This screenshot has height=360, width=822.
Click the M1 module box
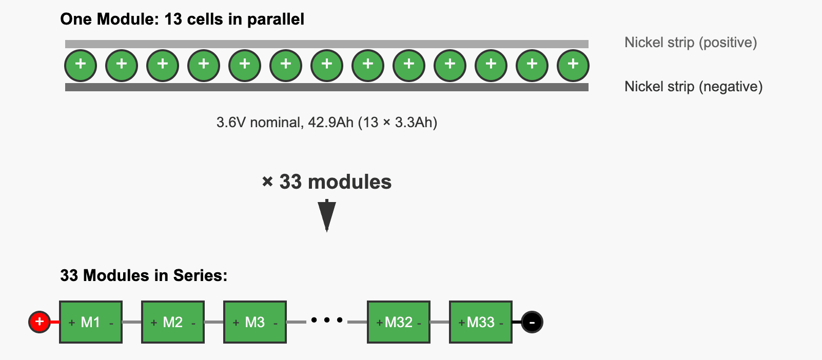(91, 322)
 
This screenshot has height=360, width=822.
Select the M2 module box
(173, 322)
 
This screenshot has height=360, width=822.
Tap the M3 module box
(255, 322)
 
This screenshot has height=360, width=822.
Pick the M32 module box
(399, 322)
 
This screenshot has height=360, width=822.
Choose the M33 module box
(481, 322)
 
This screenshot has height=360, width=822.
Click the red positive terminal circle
(40, 322)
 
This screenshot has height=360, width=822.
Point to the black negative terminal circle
(532, 322)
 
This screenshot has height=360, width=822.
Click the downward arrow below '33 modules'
(327, 215)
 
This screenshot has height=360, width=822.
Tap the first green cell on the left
(81, 66)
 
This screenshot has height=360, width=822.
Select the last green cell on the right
(573, 66)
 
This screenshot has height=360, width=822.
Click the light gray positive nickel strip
(327, 44)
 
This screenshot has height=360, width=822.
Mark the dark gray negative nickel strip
(327, 87)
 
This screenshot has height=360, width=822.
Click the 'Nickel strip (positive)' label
(691, 43)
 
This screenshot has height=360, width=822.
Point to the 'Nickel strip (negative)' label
(693, 87)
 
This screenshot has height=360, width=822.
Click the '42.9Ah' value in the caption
(330, 123)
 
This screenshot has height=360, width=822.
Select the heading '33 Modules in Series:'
(144, 275)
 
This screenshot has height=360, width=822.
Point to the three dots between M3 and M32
(327, 321)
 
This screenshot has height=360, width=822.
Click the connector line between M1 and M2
(132, 322)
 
